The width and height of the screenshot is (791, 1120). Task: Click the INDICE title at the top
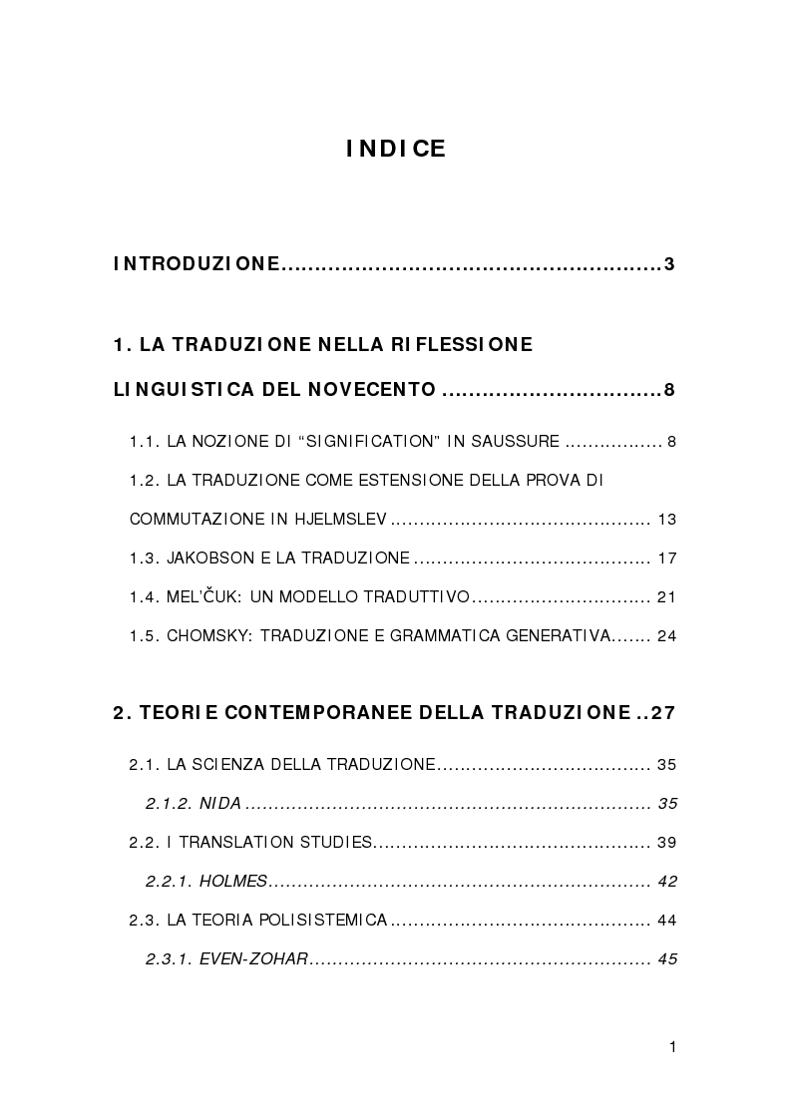[396, 150]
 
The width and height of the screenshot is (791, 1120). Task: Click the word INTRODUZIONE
[197, 264]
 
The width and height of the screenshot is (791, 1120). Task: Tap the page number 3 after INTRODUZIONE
[670, 264]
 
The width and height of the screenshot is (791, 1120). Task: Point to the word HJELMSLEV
[338, 520]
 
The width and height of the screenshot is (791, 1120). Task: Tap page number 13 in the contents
[667, 520]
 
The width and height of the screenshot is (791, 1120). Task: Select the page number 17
[667, 558]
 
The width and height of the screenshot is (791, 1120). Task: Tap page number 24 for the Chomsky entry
[667, 635]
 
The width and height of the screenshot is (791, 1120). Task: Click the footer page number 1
[673, 1046]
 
